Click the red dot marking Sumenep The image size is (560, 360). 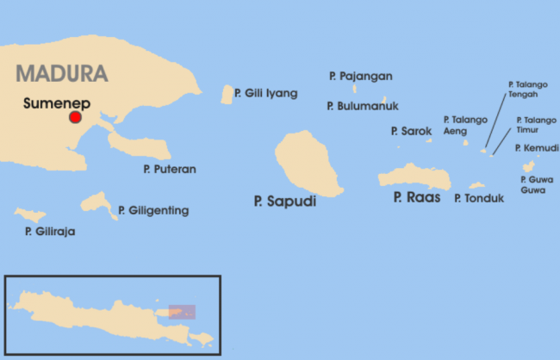[x=75, y=117]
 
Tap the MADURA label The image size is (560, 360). [x=61, y=71]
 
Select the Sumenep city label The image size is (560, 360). [x=56, y=102]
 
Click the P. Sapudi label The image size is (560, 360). [x=285, y=201]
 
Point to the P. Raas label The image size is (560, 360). [x=417, y=197]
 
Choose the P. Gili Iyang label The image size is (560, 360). [x=266, y=93]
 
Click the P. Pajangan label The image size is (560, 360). [x=360, y=76]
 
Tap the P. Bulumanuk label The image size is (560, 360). [x=362, y=106]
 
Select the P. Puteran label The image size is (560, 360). [x=170, y=169]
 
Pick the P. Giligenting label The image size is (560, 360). [x=153, y=210]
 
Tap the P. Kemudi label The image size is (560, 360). [x=537, y=148]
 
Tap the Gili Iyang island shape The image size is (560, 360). [x=227, y=95]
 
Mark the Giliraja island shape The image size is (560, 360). [x=30, y=214]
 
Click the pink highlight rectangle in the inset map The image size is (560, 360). [x=182, y=311]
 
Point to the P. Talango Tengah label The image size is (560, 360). [x=523, y=90]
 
